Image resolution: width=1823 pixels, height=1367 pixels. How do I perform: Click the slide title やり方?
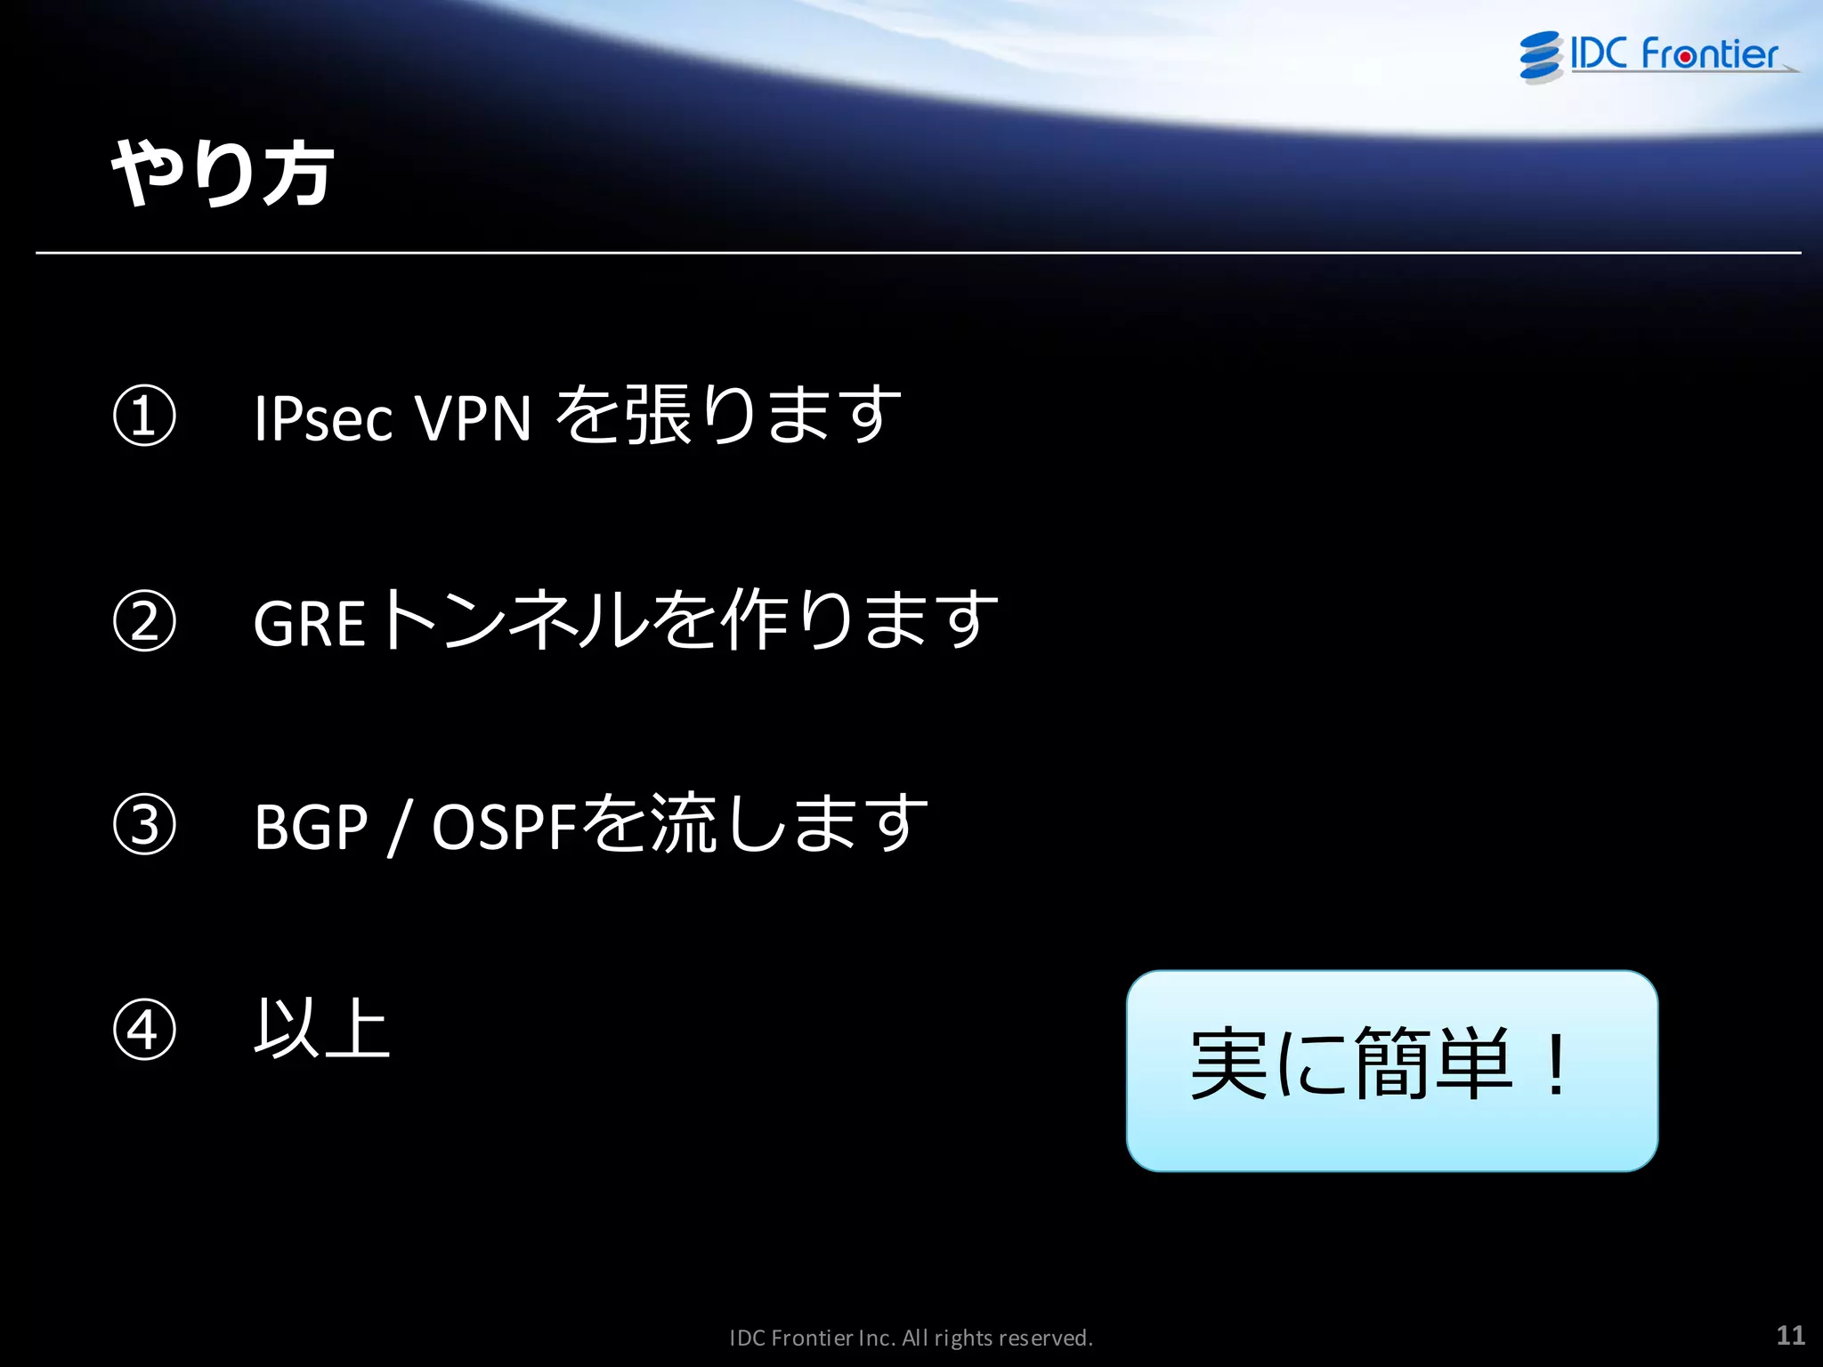click(223, 174)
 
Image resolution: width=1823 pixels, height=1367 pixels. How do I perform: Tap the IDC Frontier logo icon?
click(1541, 56)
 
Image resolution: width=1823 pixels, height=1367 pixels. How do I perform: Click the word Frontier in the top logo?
click(1709, 54)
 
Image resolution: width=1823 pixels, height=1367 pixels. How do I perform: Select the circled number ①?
click(144, 416)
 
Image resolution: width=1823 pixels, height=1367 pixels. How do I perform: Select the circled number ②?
click(144, 621)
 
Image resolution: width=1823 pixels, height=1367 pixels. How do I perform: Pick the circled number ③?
click(144, 825)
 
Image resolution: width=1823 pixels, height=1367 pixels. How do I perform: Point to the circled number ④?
click(144, 1030)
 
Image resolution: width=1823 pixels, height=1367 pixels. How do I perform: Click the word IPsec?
click(323, 418)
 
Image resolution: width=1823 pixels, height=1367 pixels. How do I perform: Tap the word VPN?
click(473, 418)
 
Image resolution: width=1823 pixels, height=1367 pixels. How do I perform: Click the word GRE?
click(309, 623)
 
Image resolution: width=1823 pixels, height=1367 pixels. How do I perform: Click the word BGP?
click(311, 828)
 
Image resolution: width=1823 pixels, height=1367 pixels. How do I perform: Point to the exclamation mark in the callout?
click(1556, 1065)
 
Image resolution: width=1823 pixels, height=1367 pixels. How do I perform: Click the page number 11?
click(1790, 1335)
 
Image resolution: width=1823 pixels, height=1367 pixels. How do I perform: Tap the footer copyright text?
click(911, 1338)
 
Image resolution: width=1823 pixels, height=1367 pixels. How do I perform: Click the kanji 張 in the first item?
click(659, 416)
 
